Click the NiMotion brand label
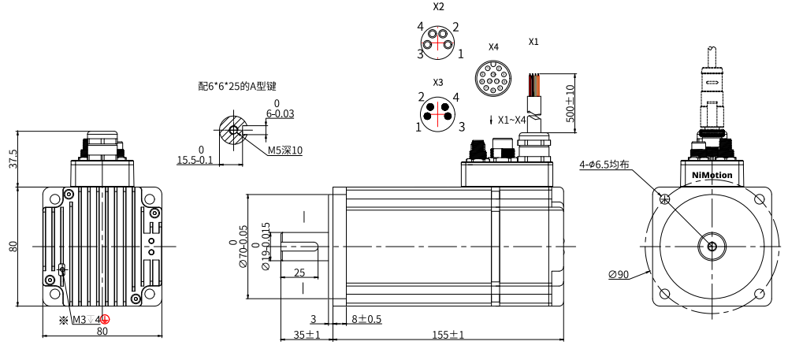tap(712, 175)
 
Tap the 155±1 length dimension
tap(448, 335)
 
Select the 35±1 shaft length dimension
tap(307, 335)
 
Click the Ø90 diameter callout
tap(619, 274)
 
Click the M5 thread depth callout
tap(285, 150)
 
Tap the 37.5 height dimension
tap(13, 158)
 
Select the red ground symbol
tap(105, 319)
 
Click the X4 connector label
tap(493, 46)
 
